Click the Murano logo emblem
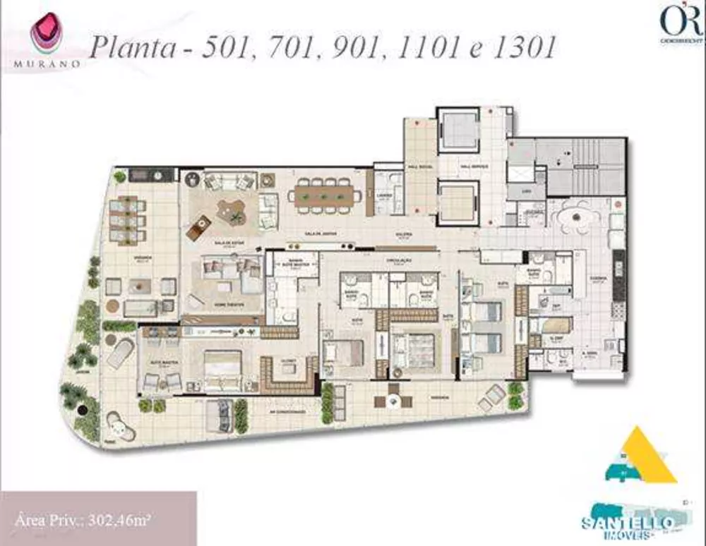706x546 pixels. tap(47, 34)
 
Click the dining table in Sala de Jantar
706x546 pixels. tap(324, 193)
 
